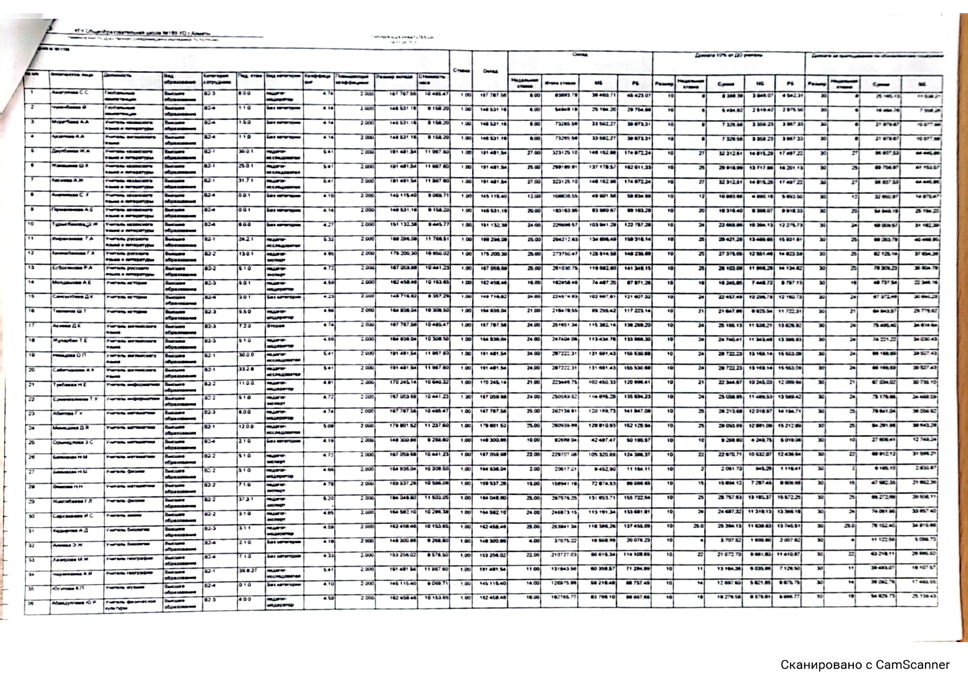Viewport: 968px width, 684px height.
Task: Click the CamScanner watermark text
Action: tap(864, 665)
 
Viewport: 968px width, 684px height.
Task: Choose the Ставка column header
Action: tap(461, 70)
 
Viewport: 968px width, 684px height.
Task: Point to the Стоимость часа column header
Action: tap(432, 78)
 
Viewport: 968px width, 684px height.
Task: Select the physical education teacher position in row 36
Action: tap(130, 605)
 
